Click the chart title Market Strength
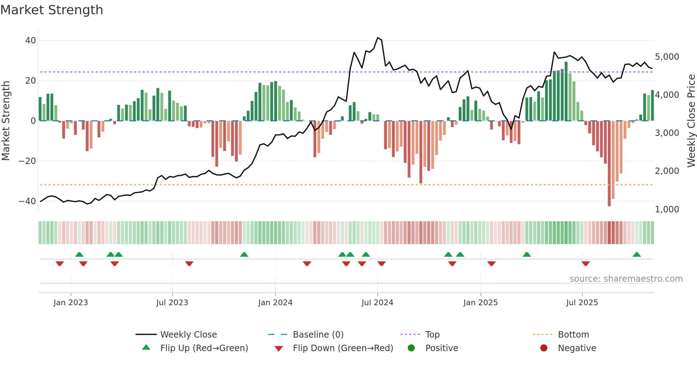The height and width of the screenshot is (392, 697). click(52, 10)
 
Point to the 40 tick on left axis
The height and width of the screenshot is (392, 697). click(31, 41)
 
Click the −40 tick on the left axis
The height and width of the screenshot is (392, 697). click(27, 201)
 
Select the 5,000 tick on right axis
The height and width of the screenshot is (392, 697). click(667, 57)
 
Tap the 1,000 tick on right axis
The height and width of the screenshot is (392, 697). click(667, 210)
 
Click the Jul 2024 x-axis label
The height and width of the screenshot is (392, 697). click(377, 303)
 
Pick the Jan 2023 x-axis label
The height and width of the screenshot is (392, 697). click(71, 303)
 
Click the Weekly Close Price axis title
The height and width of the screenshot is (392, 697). click(691, 121)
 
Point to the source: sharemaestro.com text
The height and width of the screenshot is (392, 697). click(626, 279)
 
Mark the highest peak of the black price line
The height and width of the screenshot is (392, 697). click(378, 38)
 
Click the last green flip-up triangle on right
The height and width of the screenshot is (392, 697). click(637, 255)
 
